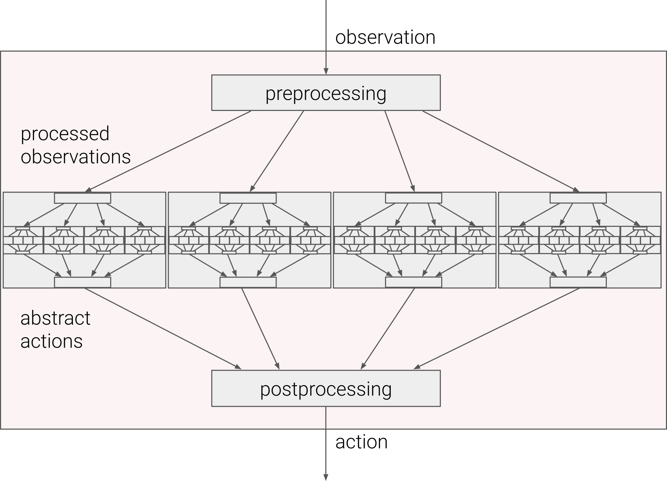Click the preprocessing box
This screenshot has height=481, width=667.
tap(326, 92)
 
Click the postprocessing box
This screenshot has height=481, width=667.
tap(326, 388)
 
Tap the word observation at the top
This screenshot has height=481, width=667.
tap(385, 37)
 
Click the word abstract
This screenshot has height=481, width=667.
tap(55, 318)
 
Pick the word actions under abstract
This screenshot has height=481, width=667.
tap(51, 341)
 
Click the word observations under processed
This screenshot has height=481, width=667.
tap(76, 157)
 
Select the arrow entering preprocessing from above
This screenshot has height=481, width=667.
tap(326, 37)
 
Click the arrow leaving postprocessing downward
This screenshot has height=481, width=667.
tap(326, 443)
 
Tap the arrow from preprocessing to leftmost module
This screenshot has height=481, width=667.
tap(168, 152)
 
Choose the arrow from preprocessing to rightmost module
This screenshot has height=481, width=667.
tap(501, 152)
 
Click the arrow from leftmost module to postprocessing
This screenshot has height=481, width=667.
tap(163, 328)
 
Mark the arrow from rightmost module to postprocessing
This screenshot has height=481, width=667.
tap(497, 328)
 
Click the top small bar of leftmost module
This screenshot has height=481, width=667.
tap(83, 198)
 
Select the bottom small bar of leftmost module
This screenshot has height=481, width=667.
tap(83, 282)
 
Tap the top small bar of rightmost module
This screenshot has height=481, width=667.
tap(578, 198)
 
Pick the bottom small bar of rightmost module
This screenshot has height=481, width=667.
tap(578, 282)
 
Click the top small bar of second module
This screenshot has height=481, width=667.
tap(248, 198)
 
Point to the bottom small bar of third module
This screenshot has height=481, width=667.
tap(413, 282)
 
